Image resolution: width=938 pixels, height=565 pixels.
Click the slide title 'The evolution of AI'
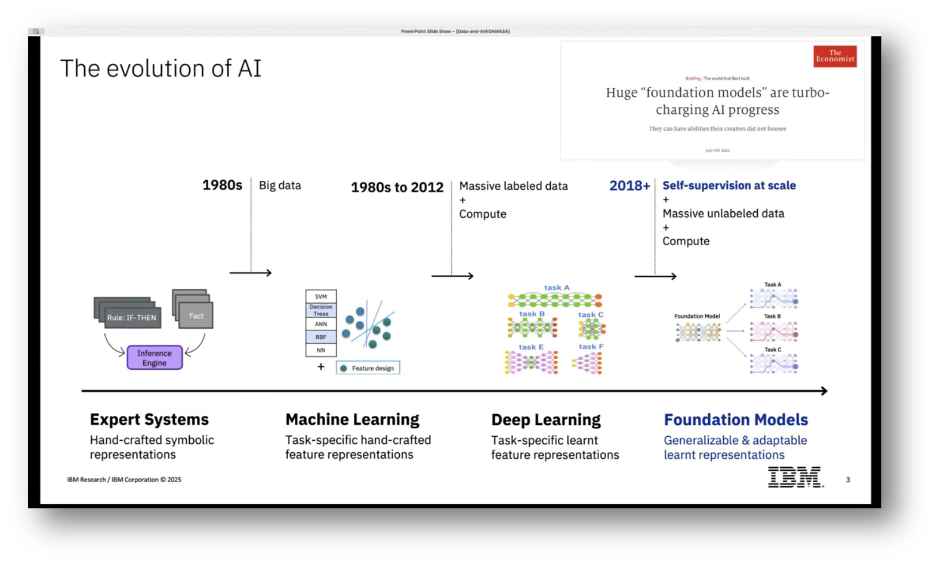click(x=161, y=69)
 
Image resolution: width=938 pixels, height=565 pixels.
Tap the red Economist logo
click(x=835, y=56)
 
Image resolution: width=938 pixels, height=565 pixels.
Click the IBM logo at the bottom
click(x=795, y=477)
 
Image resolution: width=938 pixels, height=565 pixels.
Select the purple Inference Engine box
click(x=155, y=358)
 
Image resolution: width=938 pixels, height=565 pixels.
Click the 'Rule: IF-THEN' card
click(x=131, y=317)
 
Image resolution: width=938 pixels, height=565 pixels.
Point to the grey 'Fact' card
click(x=196, y=316)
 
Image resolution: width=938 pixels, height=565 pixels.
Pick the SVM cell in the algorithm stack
click(x=321, y=297)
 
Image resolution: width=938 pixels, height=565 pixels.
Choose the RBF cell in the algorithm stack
click(x=321, y=337)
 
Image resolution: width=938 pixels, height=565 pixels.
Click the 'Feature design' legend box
click(x=368, y=368)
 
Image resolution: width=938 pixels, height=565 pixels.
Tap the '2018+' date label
click(x=630, y=186)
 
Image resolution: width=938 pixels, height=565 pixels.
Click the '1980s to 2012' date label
click(x=397, y=187)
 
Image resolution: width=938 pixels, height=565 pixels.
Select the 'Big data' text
click(x=280, y=186)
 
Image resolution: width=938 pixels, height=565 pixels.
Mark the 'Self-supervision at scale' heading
click(x=729, y=186)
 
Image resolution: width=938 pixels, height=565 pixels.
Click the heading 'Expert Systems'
click(x=149, y=419)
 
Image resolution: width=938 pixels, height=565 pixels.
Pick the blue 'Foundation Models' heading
click(x=736, y=420)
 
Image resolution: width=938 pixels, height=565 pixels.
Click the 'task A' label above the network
click(x=557, y=288)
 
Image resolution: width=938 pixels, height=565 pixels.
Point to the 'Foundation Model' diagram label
click(x=697, y=316)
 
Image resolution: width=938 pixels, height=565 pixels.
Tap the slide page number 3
click(x=847, y=480)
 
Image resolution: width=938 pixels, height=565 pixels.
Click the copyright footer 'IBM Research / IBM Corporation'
click(x=124, y=480)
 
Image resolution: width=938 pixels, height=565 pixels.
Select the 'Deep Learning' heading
click(x=546, y=420)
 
